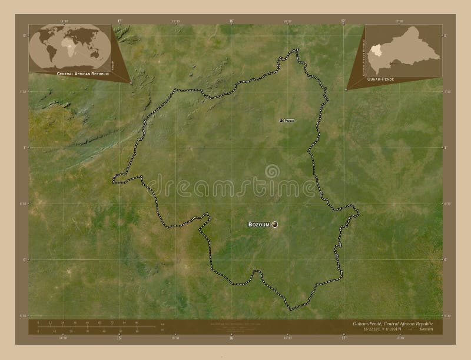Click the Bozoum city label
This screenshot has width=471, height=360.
click(x=258, y=225)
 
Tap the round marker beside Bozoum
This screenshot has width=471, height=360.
click(x=274, y=224)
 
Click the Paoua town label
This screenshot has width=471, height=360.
click(x=288, y=120)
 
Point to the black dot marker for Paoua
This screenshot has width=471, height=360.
click(x=281, y=120)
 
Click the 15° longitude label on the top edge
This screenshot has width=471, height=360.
click(x=120, y=21)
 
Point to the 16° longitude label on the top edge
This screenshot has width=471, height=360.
click(x=231, y=21)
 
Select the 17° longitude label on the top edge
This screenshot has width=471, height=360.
click(x=343, y=21)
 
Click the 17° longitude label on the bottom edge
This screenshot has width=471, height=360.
click(x=343, y=338)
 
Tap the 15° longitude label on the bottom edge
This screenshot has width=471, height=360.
click(x=120, y=338)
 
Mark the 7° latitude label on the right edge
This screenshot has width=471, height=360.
click(x=446, y=148)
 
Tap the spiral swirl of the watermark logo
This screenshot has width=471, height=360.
click(x=271, y=171)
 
